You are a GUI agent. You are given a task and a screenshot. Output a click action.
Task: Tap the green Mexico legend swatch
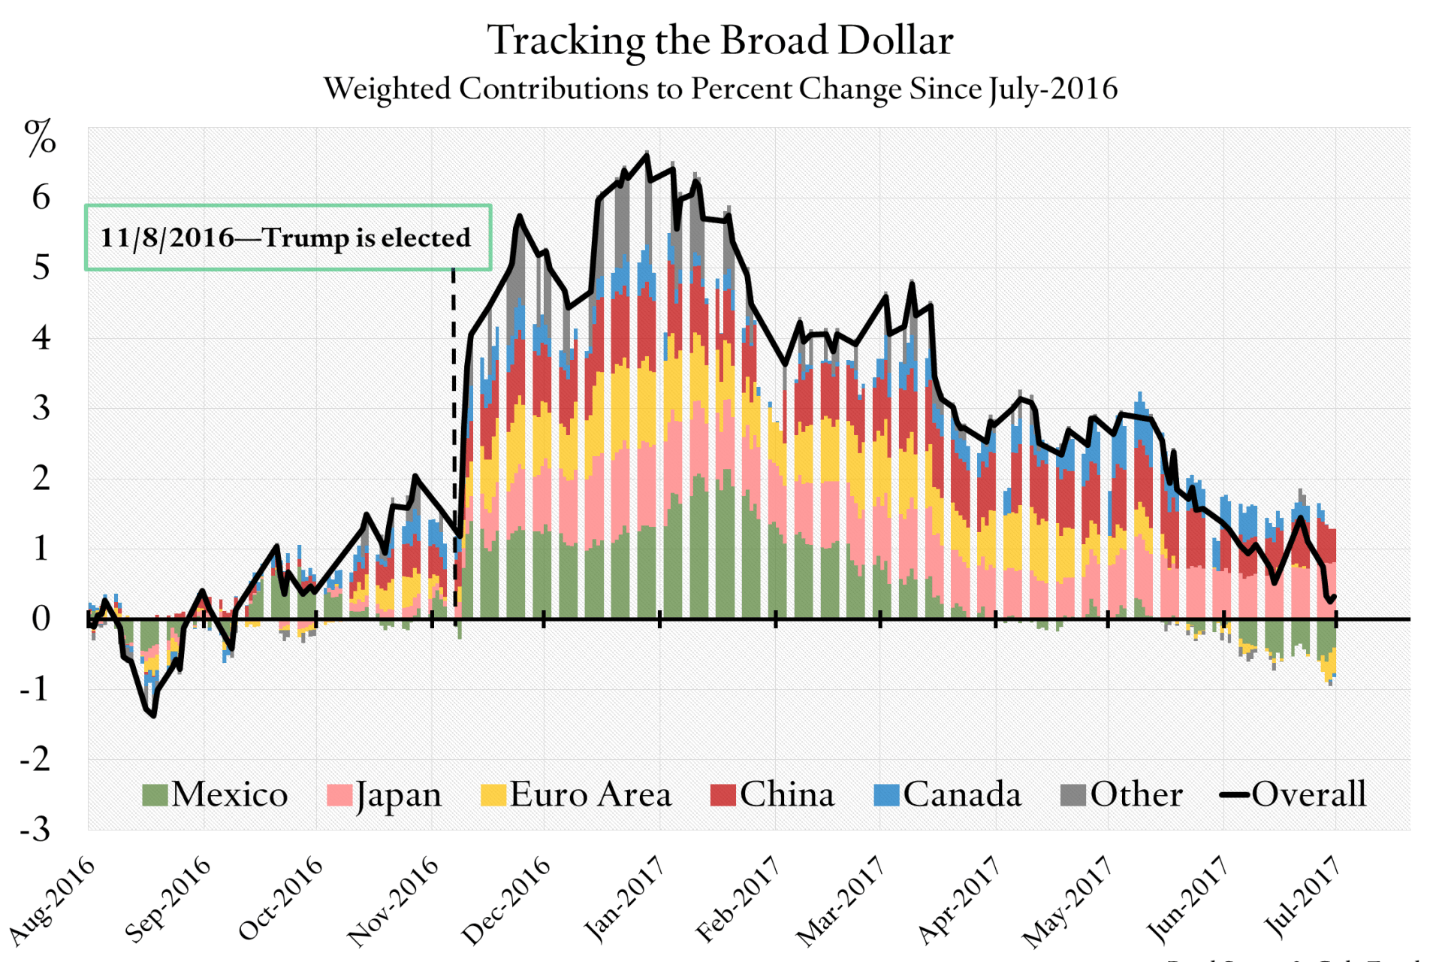point(155,795)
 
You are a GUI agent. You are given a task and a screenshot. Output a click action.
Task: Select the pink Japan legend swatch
point(339,795)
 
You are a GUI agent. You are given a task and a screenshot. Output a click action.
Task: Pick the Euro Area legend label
point(590,795)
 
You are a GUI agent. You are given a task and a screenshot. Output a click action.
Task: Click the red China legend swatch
point(723,795)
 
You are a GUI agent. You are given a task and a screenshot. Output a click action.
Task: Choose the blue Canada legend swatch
point(886,795)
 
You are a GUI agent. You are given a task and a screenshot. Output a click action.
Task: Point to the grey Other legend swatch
point(1073,795)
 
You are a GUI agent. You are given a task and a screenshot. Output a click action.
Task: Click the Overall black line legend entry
point(1292,795)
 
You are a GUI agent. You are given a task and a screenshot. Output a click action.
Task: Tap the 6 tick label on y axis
point(41,198)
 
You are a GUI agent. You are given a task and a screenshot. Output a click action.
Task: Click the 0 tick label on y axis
point(41,619)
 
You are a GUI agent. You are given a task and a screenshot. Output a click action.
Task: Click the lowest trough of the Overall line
point(153,715)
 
